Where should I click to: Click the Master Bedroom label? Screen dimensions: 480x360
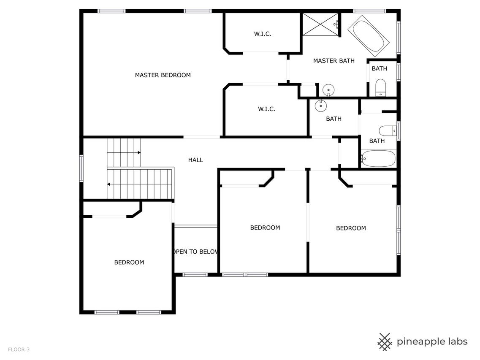pyautogui.click(x=163, y=75)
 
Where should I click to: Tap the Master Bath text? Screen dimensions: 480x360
pyautogui.click(x=334, y=61)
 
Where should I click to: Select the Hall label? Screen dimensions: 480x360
pyautogui.click(x=195, y=160)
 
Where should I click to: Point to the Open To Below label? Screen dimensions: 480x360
pyautogui.click(x=196, y=252)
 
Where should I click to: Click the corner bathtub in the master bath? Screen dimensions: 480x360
pyautogui.click(x=368, y=36)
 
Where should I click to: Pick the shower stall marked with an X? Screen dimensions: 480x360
pyautogui.click(x=321, y=24)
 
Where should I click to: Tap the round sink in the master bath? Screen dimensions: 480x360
pyautogui.click(x=328, y=90)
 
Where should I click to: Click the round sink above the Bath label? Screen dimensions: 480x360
pyautogui.click(x=320, y=106)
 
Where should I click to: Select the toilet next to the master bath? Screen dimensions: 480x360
pyautogui.click(x=380, y=88)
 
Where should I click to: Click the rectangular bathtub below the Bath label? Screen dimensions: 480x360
pyautogui.click(x=378, y=158)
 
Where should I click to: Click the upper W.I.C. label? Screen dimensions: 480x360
pyautogui.click(x=263, y=34)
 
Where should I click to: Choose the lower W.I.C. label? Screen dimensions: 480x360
pyautogui.click(x=266, y=109)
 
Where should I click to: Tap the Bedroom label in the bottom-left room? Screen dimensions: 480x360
pyautogui.click(x=129, y=263)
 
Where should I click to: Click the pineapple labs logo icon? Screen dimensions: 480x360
pyautogui.click(x=385, y=341)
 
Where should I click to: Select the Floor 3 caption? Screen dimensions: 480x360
pyautogui.click(x=19, y=349)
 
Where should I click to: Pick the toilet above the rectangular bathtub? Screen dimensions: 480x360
pyautogui.click(x=388, y=131)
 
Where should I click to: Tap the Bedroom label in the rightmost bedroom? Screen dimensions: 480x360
pyautogui.click(x=351, y=228)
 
